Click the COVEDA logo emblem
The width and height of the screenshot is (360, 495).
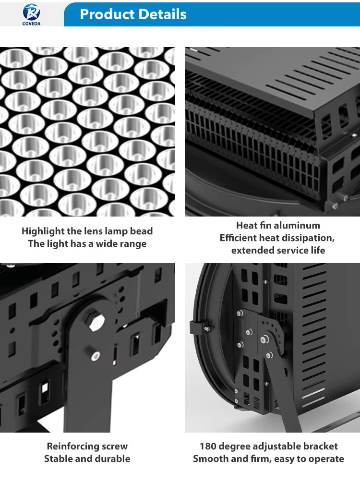tap(32, 12)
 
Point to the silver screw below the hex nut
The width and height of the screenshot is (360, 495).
tap(96, 356)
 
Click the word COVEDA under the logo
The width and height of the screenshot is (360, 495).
tap(32, 24)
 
